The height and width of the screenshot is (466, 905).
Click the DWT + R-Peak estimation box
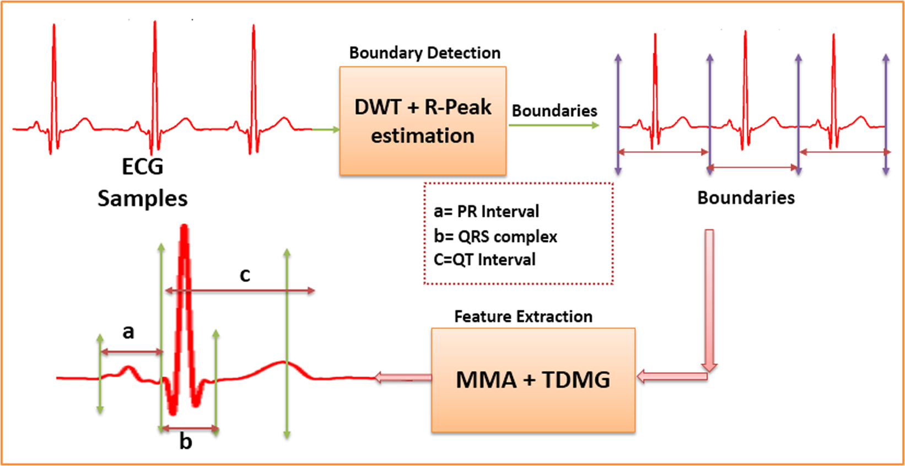click(x=423, y=121)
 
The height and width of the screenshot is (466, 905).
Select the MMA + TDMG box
click(x=533, y=380)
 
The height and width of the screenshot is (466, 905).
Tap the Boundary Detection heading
click(x=424, y=53)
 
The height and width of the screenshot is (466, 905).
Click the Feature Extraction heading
click(x=523, y=317)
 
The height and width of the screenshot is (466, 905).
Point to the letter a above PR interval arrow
click(x=128, y=332)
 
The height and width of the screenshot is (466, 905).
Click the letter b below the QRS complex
click(x=186, y=442)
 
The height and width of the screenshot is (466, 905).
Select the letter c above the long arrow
click(x=245, y=275)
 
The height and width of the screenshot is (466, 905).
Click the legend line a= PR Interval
click(x=486, y=211)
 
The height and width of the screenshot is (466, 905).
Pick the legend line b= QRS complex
click(x=495, y=237)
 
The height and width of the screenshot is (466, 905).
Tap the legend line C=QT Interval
click(x=484, y=260)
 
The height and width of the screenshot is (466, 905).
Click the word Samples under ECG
click(x=142, y=199)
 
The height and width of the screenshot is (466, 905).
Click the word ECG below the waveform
click(x=142, y=167)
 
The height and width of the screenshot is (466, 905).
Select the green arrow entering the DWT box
click(x=326, y=130)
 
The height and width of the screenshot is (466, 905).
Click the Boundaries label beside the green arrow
click(x=554, y=111)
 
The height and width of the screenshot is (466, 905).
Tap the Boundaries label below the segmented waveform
click(x=746, y=198)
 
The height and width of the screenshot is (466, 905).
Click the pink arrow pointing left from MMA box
click(x=403, y=377)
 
